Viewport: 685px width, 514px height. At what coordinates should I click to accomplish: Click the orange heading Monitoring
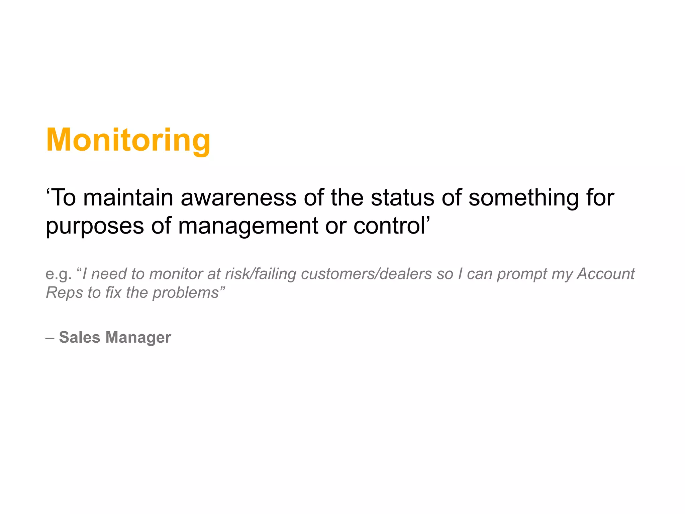128,140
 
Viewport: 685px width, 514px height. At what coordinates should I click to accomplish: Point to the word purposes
95,226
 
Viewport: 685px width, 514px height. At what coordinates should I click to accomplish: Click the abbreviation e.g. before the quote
59,274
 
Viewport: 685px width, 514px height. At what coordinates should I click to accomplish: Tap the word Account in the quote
606,274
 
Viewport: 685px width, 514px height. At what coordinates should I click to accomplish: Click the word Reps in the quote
64,293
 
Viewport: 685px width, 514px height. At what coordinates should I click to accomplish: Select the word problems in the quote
186,293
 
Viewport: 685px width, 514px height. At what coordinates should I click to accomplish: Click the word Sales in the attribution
79,337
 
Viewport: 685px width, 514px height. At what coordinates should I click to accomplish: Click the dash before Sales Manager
50,338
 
